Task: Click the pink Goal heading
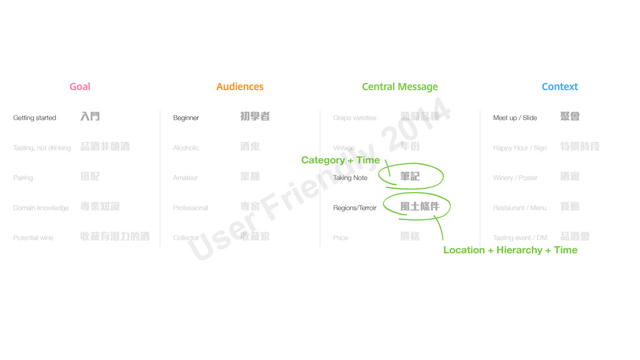80,87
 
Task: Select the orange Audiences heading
240,87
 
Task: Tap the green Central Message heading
400,87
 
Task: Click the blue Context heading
560,87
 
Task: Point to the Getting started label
34,117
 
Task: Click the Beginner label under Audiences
186,117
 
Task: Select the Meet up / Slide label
515,117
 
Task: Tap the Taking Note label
351,177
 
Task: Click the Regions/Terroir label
355,207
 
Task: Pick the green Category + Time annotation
341,160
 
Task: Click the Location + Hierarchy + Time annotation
510,250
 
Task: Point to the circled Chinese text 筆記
410,177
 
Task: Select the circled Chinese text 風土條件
420,206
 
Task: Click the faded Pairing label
23,177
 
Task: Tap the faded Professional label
191,207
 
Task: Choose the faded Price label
341,237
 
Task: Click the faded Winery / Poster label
516,177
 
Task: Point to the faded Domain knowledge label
41,207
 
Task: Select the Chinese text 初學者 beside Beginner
255,116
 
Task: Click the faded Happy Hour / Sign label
520,147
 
